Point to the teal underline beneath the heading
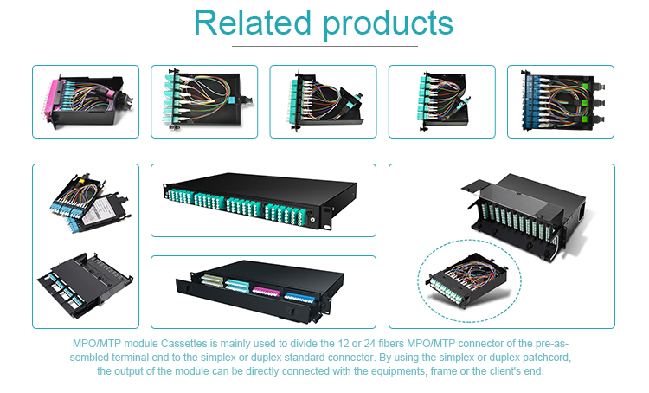(x=324, y=45)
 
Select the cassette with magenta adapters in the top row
(x=86, y=101)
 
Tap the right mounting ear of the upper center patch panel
(x=358, y=210)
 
